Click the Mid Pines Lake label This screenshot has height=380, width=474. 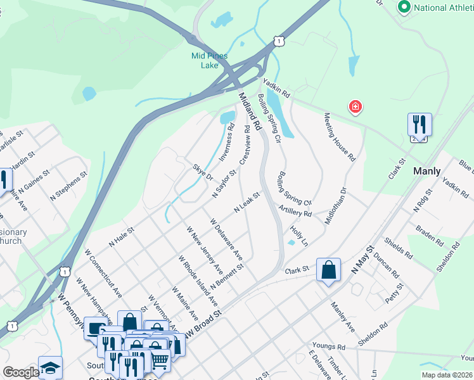coord(205,60)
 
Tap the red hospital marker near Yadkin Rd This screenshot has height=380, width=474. coord(355,106)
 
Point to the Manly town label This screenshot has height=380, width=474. coord(426,171)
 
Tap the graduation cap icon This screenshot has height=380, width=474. coord(50,368)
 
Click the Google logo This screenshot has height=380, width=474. coord(21,373)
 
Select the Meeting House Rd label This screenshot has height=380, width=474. coord(339,136)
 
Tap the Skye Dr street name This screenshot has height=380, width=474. coord(203,172)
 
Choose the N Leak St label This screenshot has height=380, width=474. coord(247,203)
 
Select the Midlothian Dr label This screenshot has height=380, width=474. coord(335,203)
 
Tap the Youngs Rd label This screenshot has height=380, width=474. coord(333,348)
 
